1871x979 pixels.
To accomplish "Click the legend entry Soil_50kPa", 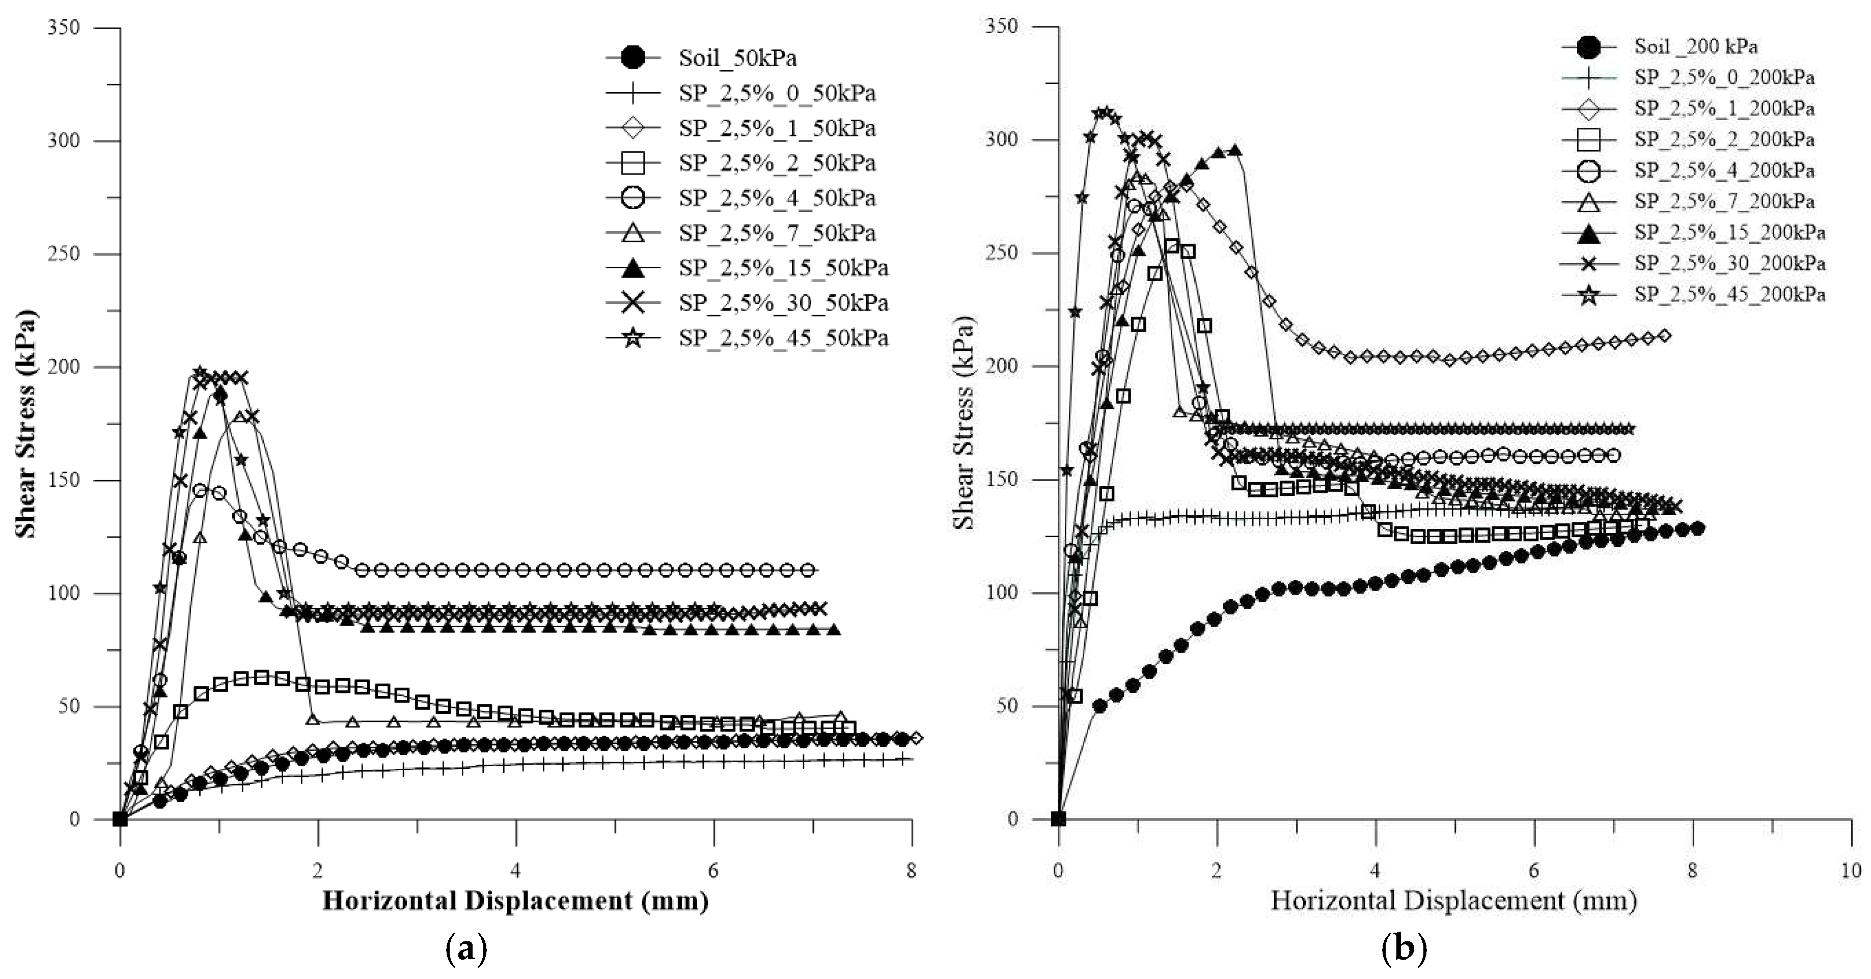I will click(737, 58).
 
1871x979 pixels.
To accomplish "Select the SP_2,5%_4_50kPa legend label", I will click(777, 198).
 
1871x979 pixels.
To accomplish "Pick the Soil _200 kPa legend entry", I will click(1695, 46).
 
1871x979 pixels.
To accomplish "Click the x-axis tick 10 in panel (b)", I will click(1851, 870).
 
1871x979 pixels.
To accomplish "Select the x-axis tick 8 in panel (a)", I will click(912, 870).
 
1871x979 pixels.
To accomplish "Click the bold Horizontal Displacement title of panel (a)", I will click(515, 901).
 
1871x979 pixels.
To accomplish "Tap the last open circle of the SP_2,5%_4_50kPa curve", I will click(808, 570).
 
